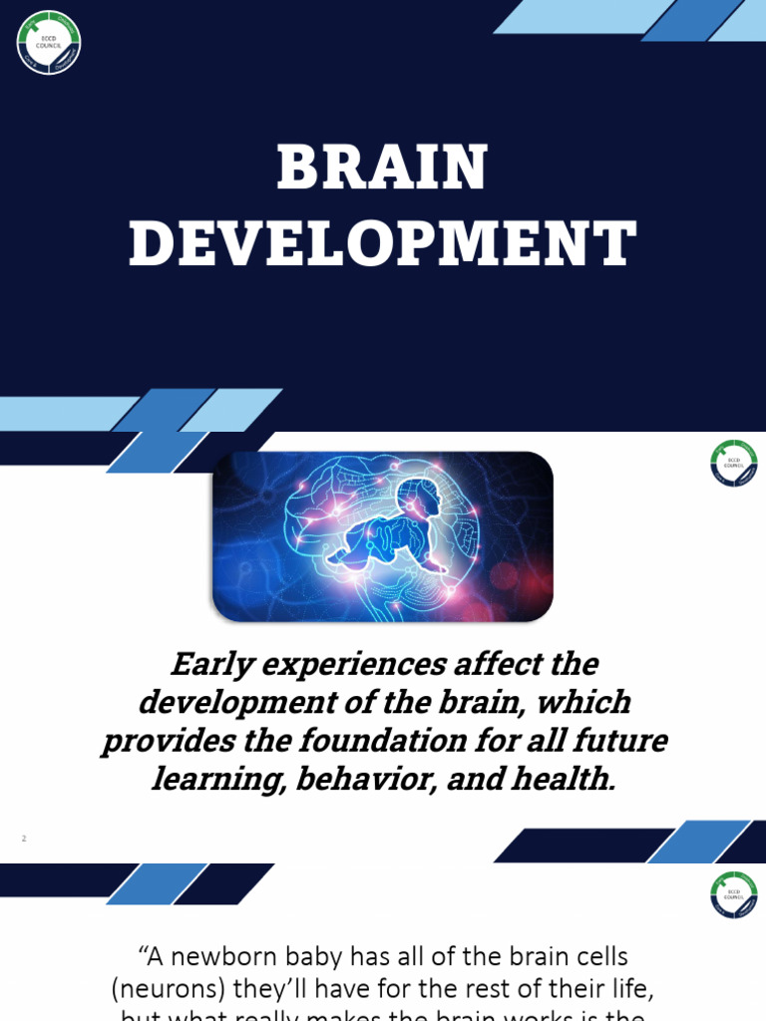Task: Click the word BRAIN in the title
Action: (382, 169)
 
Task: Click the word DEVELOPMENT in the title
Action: (382, 244)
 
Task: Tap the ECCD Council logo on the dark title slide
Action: (49, 43)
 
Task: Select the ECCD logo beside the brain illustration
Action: (733, 464)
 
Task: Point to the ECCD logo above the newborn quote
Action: (733, 894)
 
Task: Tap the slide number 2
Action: (24, 839)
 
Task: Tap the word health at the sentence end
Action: (563, 780)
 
